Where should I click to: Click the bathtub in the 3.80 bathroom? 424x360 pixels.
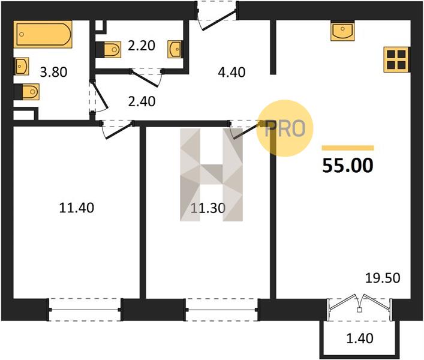(43, 34)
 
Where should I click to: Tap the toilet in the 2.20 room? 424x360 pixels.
(109, 50)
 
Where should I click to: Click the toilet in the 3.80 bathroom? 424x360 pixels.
(27, 92)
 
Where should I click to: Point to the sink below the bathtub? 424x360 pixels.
(22, 66)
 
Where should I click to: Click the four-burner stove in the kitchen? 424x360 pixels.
(396, 60)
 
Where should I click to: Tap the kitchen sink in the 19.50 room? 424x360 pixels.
(342, 31)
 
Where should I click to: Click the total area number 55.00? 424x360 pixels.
(348, 166)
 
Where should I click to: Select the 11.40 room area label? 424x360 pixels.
(77, 208)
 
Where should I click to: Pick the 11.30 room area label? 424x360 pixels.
(208, 208)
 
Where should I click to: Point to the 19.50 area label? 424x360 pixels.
(383, 278)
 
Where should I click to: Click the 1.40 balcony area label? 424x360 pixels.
(360, 338)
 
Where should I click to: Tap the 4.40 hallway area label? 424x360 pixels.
(231, 72)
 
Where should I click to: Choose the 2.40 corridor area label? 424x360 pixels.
(142, 101)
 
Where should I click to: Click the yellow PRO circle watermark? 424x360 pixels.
(285, 128)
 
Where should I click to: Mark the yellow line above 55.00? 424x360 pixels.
(348, 148)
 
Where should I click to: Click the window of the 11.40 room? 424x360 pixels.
(85, 310)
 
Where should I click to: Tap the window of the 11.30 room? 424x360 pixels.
(222, 310)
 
